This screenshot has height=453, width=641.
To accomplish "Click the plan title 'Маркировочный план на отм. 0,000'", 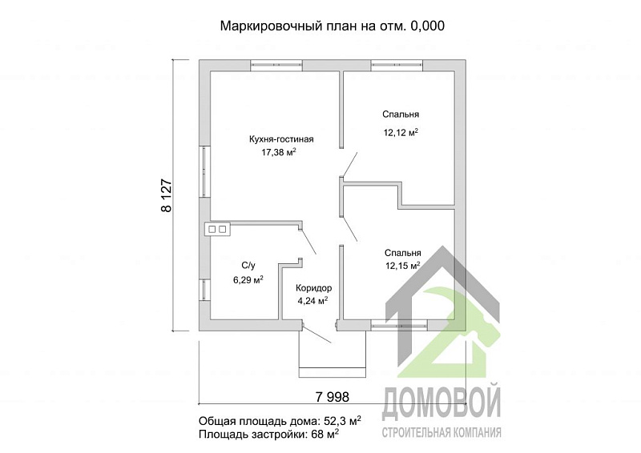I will tap(332, 26).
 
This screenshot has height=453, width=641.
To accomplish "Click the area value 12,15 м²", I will tap(403, 267).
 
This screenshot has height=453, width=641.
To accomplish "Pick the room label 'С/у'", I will tap(248, 265).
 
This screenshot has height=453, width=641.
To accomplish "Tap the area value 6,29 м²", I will tap(248, 279).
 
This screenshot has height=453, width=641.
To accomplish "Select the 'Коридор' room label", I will tap(313, 287).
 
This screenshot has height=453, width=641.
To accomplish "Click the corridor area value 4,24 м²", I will tap(312, 301).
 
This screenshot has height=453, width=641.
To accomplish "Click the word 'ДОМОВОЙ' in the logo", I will tap(441, 403).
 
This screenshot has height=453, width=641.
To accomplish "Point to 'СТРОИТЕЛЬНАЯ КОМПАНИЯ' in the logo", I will tap(441, 433).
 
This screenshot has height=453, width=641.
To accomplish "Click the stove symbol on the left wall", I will tap(217, 229).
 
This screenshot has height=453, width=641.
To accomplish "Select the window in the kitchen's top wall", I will tap(275, 66).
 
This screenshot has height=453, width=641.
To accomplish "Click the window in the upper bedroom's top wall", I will tap(397, 66).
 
